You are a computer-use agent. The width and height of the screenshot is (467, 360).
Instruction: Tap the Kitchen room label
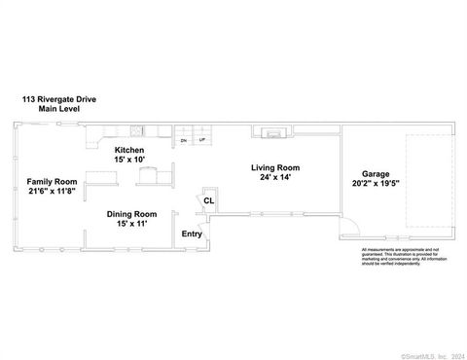tap(129, 150)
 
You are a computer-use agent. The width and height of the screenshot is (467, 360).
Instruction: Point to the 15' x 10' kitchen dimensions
tap(129, 160)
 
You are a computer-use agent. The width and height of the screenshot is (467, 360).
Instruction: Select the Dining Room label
tap(131, 214)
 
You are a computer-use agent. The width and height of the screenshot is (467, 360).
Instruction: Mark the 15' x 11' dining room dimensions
tap(131, 225)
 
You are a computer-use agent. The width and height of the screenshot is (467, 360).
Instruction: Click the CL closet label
tap(208, 202)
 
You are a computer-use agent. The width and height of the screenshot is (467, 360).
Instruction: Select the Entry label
tap(193, 234)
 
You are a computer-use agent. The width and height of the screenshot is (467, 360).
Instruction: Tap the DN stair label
tap(184, 141)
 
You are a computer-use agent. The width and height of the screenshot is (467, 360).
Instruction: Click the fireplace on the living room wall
tap(271, 132)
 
